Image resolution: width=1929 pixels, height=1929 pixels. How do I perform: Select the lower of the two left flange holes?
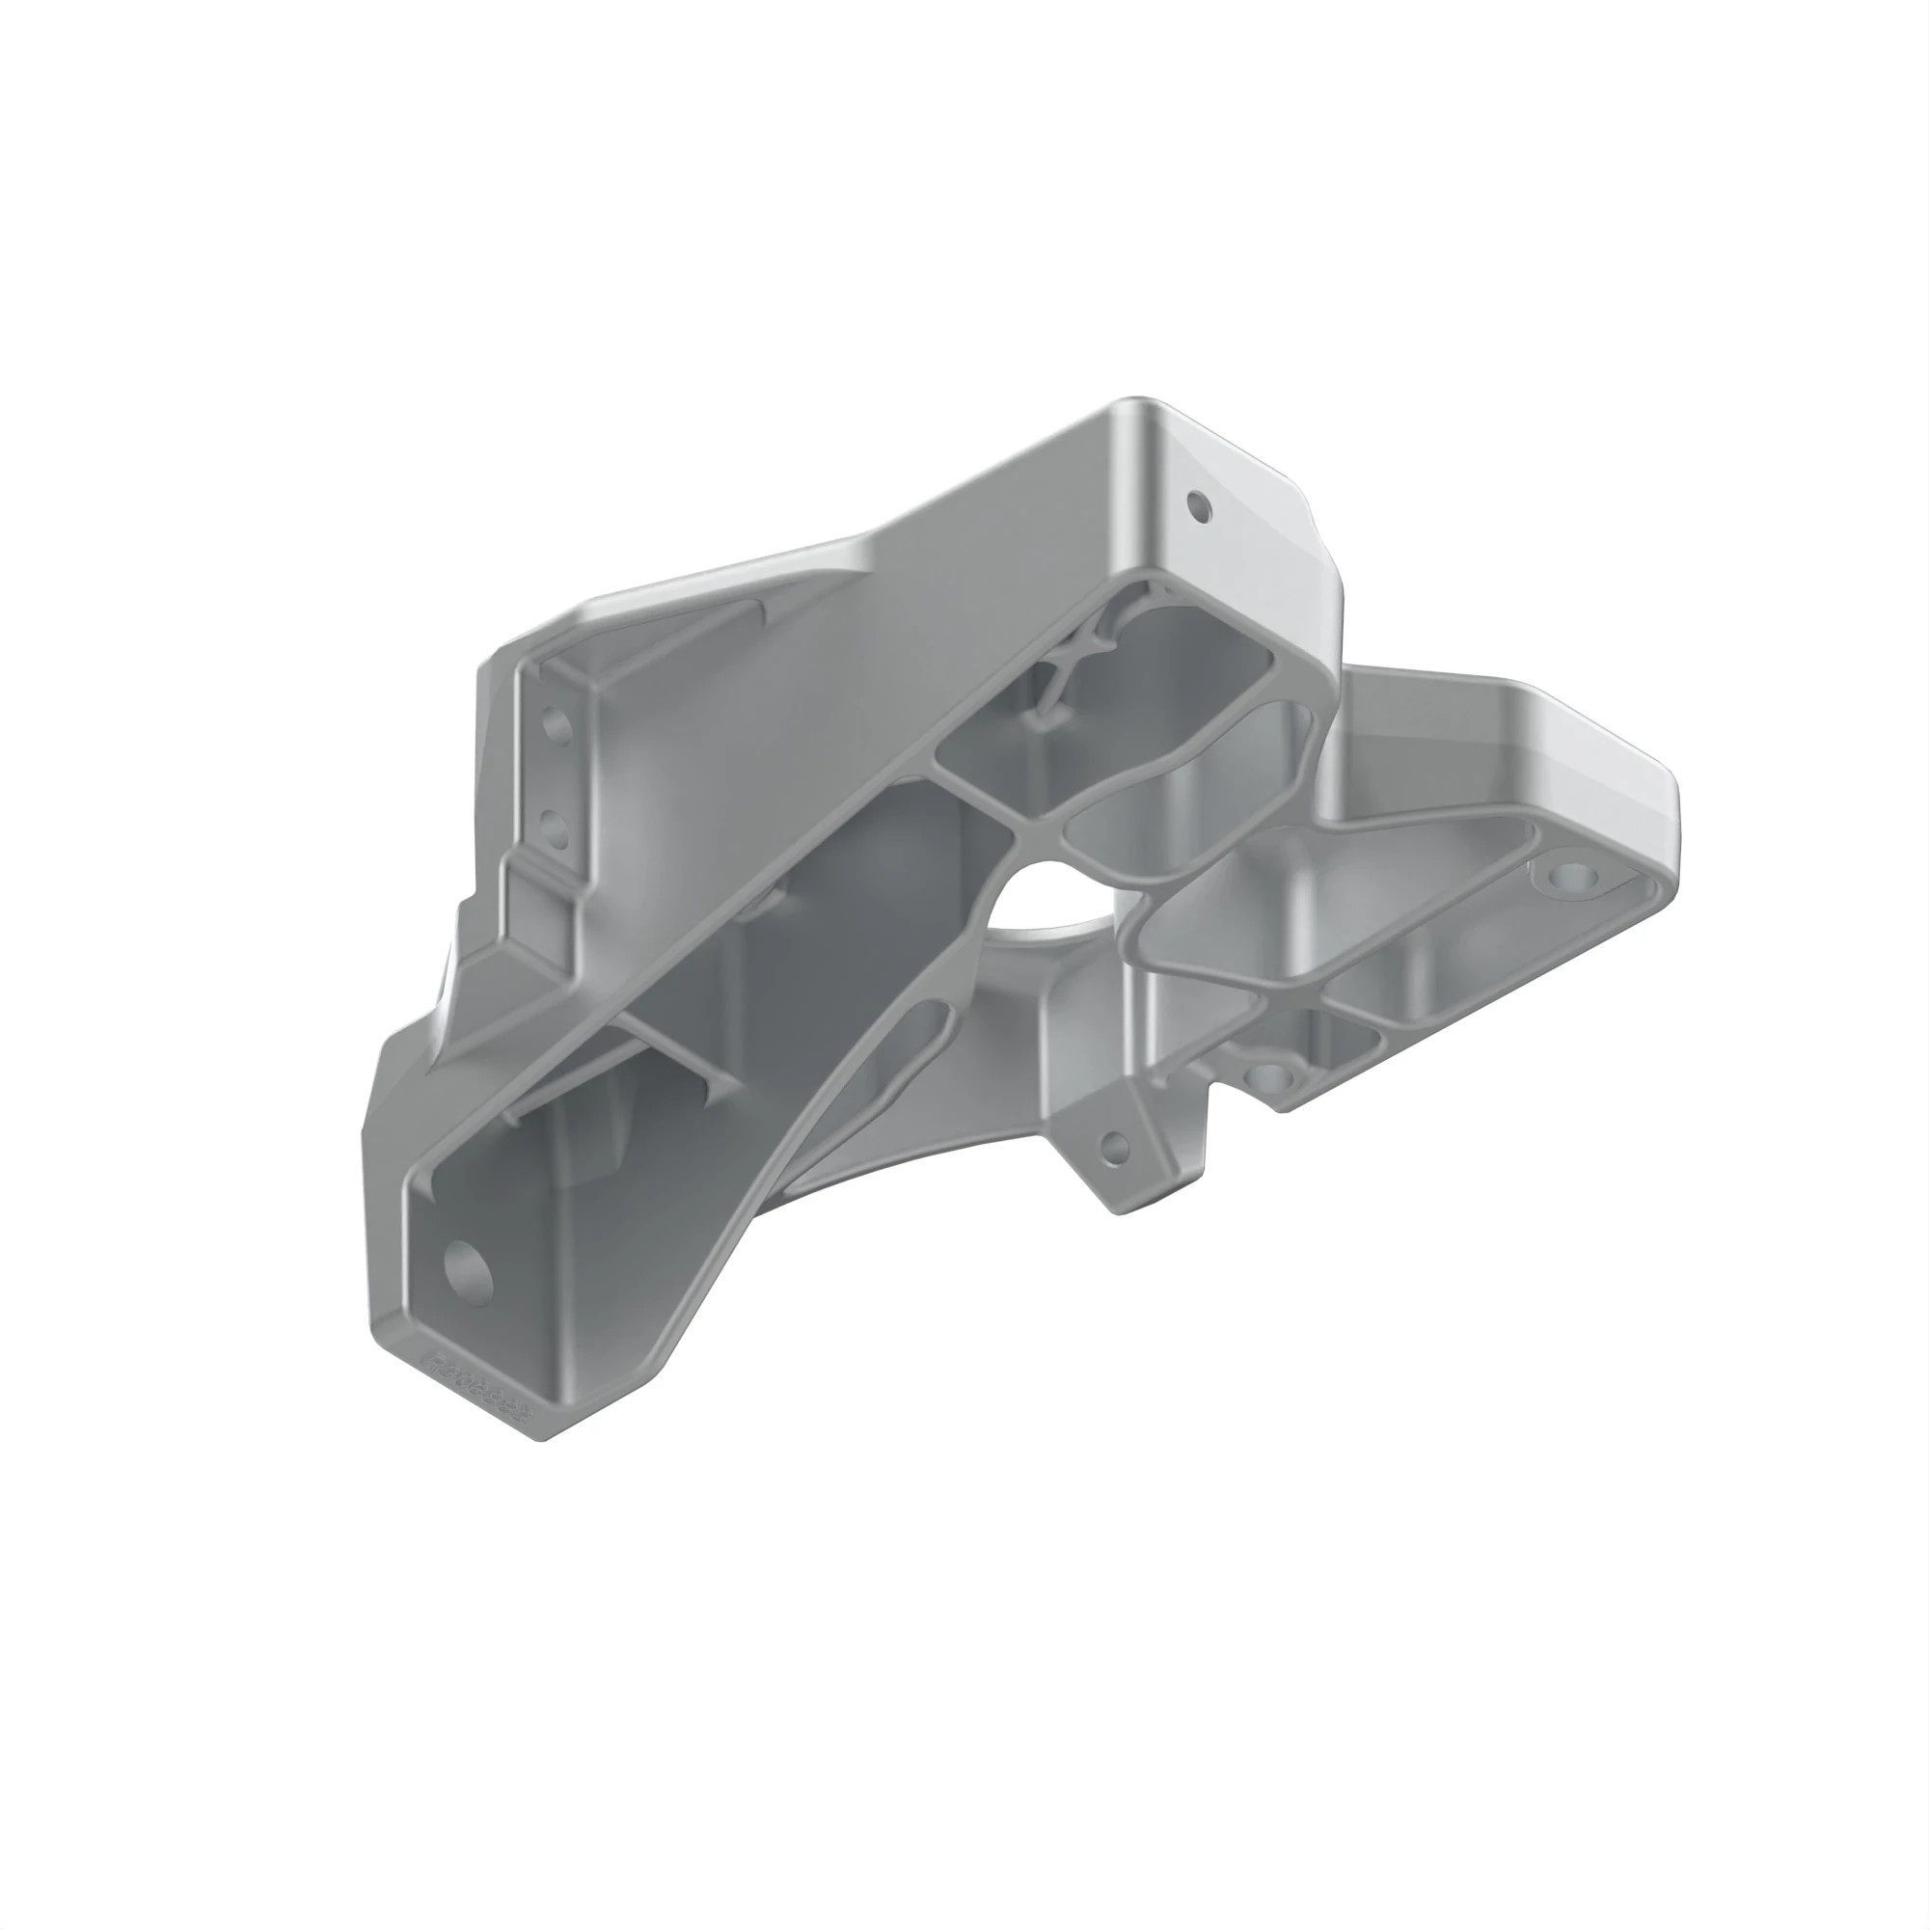(x=552, y=825)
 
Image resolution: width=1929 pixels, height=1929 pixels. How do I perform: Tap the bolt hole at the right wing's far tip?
(x=1577, y=879)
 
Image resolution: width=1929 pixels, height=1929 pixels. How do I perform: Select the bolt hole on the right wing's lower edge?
(x=1271, y=1076)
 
